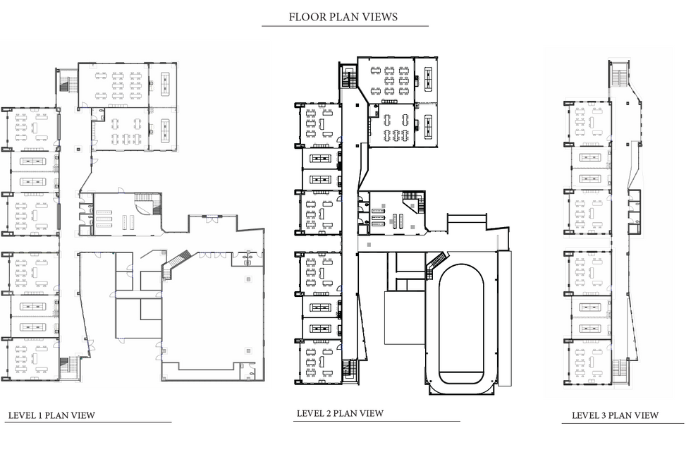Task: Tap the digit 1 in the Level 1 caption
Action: click(41, 415)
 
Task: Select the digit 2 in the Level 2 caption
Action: click(329, 413)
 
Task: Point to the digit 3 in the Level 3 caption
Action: click(604, 415)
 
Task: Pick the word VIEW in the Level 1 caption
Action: click(84, 415)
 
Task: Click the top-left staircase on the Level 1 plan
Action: click(64, 84)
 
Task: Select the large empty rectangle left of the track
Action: click(405, 317)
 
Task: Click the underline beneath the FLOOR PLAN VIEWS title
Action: click(345, 26)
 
